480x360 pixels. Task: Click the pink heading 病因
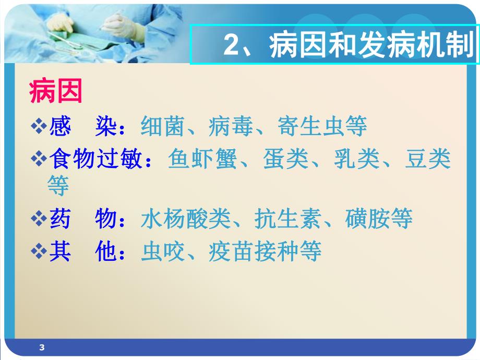coord(56,92)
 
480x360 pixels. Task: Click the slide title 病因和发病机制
coord(370,46)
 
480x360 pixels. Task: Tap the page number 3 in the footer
coord(42,347)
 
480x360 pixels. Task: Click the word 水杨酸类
coord(185,219)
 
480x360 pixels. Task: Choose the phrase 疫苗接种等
coord(265,251)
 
